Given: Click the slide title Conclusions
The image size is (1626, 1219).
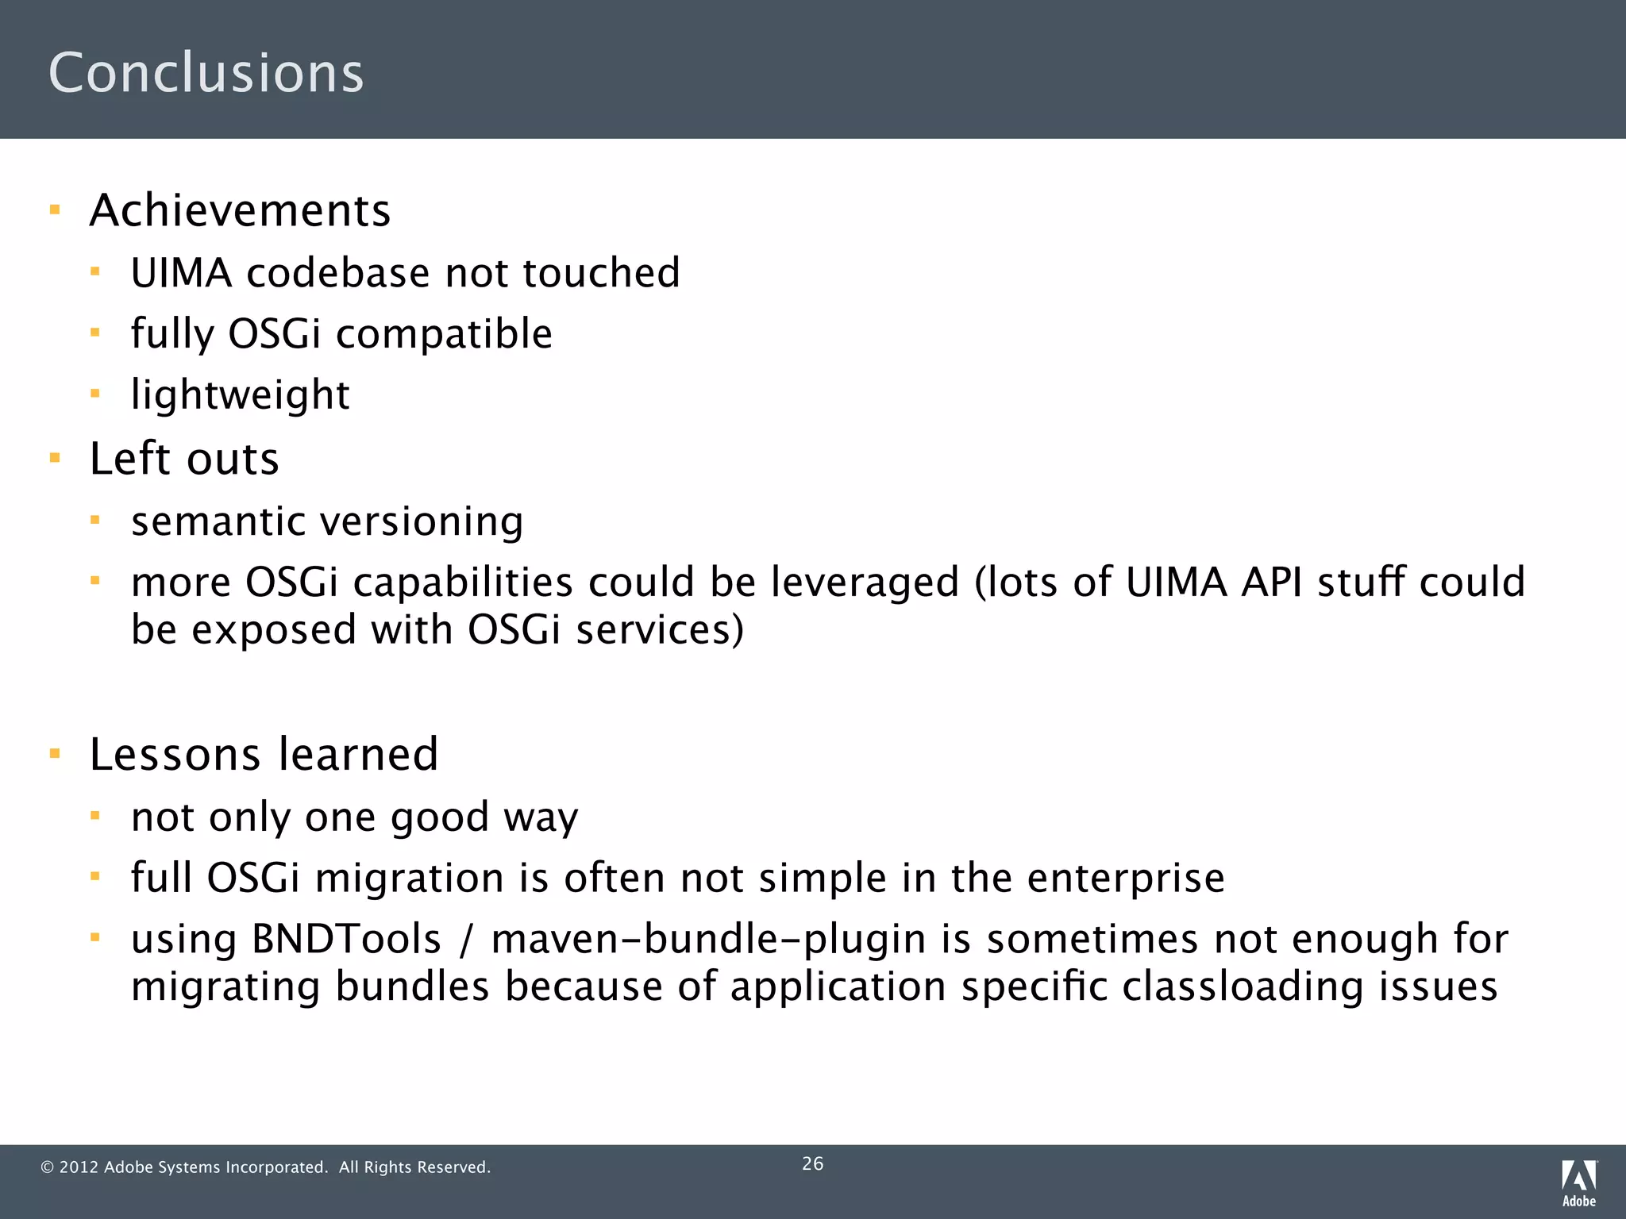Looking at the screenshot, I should [206, 72].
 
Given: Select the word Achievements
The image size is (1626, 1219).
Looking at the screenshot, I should [240, 211].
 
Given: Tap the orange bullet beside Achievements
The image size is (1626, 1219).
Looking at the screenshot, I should [55, 210].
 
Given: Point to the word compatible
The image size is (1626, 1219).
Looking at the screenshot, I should [444, 333].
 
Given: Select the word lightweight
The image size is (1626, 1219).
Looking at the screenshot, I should [240, 394].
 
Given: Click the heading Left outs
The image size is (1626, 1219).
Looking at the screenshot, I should [184, 459].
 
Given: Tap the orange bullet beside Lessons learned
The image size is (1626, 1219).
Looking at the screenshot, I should [55, 753].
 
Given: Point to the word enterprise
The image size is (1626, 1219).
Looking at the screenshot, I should [1125, 878].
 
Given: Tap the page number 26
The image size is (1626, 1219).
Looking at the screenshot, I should [812, 1163].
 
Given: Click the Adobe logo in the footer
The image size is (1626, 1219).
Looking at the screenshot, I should [1578, 1182].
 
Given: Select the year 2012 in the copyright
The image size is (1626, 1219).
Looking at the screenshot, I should [79, 1167].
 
